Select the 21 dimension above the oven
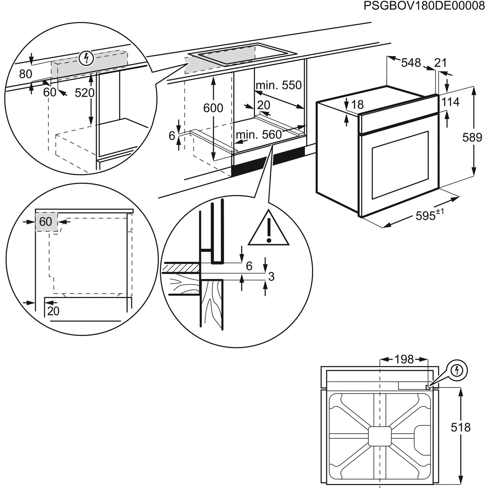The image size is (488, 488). click(x=440, y=63)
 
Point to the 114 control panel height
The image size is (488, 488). click(x=450, y=102)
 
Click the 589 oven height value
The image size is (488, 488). click(x=473, y=137)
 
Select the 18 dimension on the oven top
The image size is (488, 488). click(x=357, y=105)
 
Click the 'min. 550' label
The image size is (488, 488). click(x=279, y=85)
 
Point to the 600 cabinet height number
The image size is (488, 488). click(x=213, y=108)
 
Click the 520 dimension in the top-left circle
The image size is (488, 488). click(x=85, y=93)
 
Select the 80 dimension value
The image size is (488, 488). click(x=26, y=74)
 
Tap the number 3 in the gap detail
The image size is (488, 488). click(x=271, y=277)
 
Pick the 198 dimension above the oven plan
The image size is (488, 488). click(x=404, y=359)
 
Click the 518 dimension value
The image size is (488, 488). click(x=461, y=427)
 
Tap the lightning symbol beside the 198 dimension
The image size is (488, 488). click(x=458, y=370)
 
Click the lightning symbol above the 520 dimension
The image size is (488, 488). click(x=85, y=59)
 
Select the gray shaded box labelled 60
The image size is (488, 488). click(x=46, y=222)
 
